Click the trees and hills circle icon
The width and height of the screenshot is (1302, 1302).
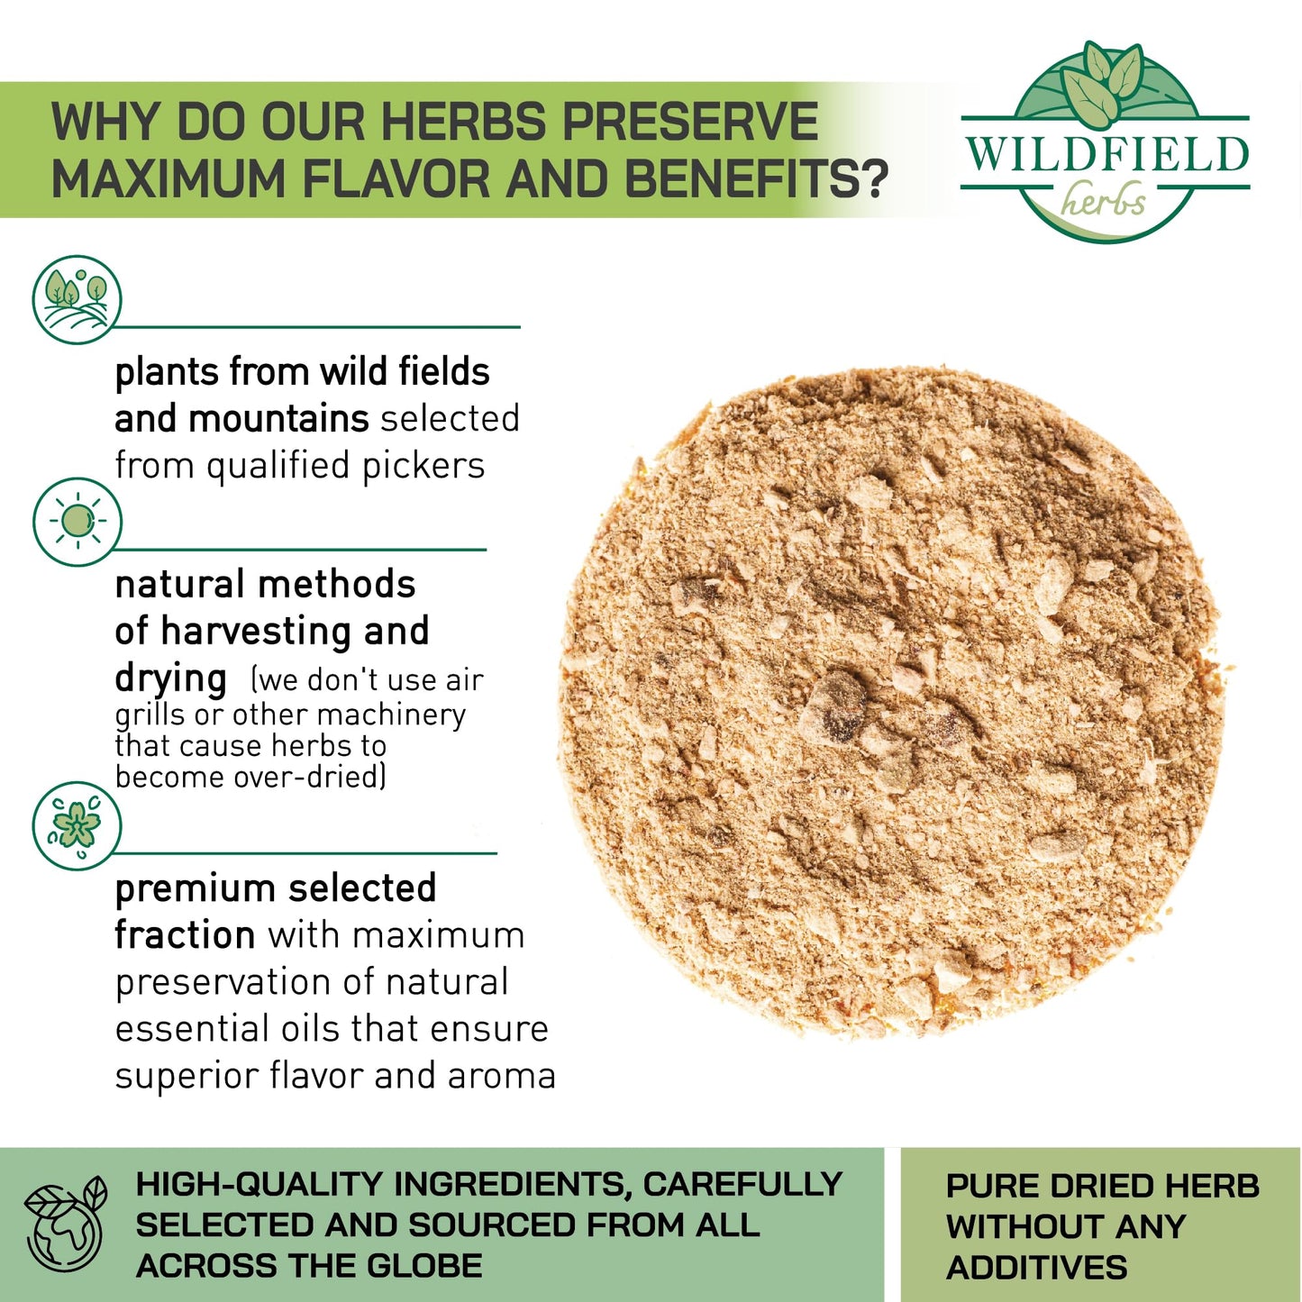77,298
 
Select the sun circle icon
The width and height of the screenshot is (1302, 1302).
77,521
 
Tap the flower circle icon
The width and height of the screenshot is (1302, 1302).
77,825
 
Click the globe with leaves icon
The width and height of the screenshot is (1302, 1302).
65,1225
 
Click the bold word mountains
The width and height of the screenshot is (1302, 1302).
278,418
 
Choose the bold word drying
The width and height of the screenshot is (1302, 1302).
171,679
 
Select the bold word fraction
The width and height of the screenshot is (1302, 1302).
185,935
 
